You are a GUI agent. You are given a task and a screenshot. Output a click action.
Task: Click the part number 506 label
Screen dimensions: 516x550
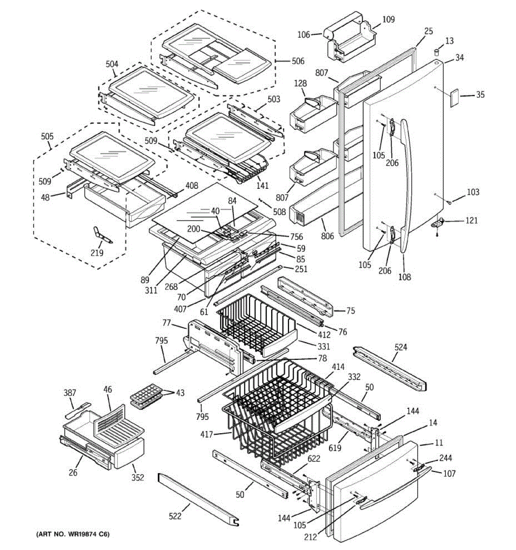tap(298, 61)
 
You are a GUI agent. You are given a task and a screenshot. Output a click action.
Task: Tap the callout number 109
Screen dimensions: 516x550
tap(388, 19)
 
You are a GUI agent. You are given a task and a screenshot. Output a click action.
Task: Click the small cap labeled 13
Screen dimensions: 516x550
tap(437, 52)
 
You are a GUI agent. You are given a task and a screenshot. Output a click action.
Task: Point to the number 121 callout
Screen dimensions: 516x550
tap(472, 220)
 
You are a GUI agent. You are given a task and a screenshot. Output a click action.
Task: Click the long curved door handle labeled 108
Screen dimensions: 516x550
tap(406, 186)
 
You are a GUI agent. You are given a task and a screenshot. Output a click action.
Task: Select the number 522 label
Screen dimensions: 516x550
tap(175, 516)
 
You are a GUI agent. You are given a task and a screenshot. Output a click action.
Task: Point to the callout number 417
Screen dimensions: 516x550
tap(206, 434)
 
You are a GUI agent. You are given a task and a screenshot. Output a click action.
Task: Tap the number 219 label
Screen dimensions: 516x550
tap(97, 253)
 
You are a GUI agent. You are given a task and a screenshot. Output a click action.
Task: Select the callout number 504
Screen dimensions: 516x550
tap(112, 64)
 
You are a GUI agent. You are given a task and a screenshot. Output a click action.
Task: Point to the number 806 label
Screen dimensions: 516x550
tap(327, 236)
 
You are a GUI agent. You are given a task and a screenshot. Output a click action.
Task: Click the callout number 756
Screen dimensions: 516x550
tap(296, 236)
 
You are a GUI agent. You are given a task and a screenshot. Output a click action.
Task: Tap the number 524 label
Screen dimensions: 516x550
tap(401, 347)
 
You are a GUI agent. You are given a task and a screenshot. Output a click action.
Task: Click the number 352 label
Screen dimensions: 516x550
tap(138, 478)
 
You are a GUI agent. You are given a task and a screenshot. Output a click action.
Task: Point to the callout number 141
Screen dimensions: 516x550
tap(262, 186)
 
